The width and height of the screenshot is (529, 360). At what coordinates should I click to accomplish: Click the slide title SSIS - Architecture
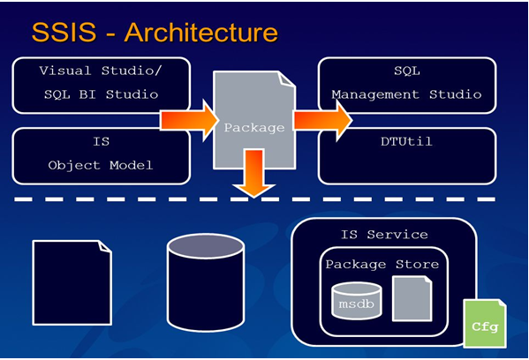click(155, 33)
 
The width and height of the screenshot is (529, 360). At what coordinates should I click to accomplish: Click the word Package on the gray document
click(254, 127)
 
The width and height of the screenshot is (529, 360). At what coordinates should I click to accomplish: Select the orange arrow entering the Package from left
click(188, 119)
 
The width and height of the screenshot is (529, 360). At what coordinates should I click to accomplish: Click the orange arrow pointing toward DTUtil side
click(322, 119)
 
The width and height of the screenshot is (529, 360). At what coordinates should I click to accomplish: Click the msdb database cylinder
click(356, 302)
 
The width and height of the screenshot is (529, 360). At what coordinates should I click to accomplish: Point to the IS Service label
click(384, 235)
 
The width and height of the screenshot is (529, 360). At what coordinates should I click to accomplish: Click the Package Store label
click(381, 264)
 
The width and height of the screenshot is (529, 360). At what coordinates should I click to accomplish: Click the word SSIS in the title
click(67, 33)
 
